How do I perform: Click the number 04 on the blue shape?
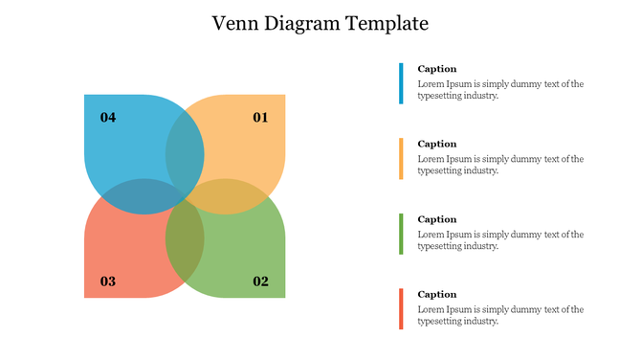[108, 118]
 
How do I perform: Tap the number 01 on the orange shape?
[260, 118]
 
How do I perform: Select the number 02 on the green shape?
[260, 281]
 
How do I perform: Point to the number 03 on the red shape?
[108, 281]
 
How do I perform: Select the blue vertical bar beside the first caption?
[402, 83]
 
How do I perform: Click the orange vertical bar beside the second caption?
[402, 158]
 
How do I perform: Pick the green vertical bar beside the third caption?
[402, 234]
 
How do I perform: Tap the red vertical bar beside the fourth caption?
[402, 308]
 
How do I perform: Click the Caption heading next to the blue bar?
[437, 69]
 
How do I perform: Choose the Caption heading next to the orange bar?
[437, 144]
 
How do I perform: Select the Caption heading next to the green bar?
[437, 219]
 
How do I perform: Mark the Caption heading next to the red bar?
[437, 294]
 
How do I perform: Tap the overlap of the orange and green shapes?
[225, 195]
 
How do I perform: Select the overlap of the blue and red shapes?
[144, 195]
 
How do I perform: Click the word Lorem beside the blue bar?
[431, 84]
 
